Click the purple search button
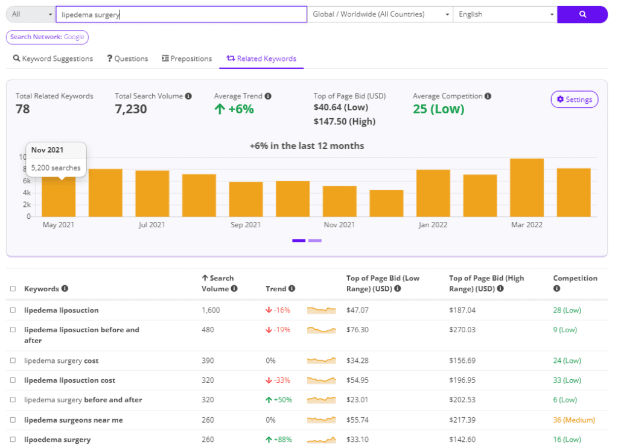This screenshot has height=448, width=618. (x=582, y=14)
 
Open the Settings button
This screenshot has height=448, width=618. (x=574, y=99)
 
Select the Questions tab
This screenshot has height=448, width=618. (x=127, y=58)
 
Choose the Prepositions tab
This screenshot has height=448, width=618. (x=187, y=58)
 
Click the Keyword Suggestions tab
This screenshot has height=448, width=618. (x=53, y=58)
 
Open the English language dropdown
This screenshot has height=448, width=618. (x=505, y=14)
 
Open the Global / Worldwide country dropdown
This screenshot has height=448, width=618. (x=380, y=14)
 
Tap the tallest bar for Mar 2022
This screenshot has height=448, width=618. (x=527, y=188)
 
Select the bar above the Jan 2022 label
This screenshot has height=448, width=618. (x=433, y=193)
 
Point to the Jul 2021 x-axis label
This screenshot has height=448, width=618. (x=151, y=225)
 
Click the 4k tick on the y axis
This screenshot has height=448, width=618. (x=27, y=193)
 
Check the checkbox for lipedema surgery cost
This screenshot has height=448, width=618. (x=13, y=361)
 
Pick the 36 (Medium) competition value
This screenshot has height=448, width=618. (x=573, y=420)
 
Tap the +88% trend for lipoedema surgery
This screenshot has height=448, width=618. (x=278, y=440)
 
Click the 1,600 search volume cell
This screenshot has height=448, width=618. (x=211, y=310)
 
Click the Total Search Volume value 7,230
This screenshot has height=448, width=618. (x=131, y=109)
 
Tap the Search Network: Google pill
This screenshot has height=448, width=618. (x=47, y=37)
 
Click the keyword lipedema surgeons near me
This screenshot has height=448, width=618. (x=73, y=420)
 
